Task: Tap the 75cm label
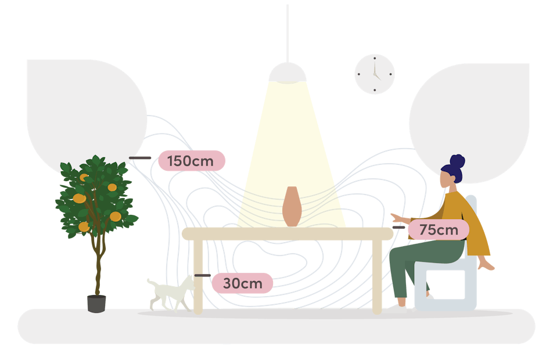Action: (x=439, y=230)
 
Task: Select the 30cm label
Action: (x=242, y=283)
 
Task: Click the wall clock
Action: (x=375, y=74)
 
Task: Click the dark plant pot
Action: (x=96, y=303)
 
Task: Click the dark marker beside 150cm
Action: (x=139, y=158)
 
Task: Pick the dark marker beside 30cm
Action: (x=202, y=275)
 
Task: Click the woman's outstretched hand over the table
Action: (x=398, y=218)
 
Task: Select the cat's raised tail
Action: (x=151, y=283)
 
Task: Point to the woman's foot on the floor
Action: (x=402, y=302)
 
